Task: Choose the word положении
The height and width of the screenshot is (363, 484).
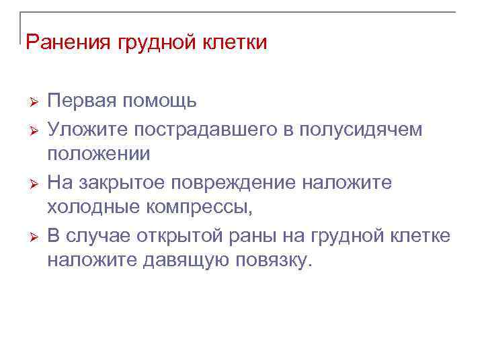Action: pos(99,155)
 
